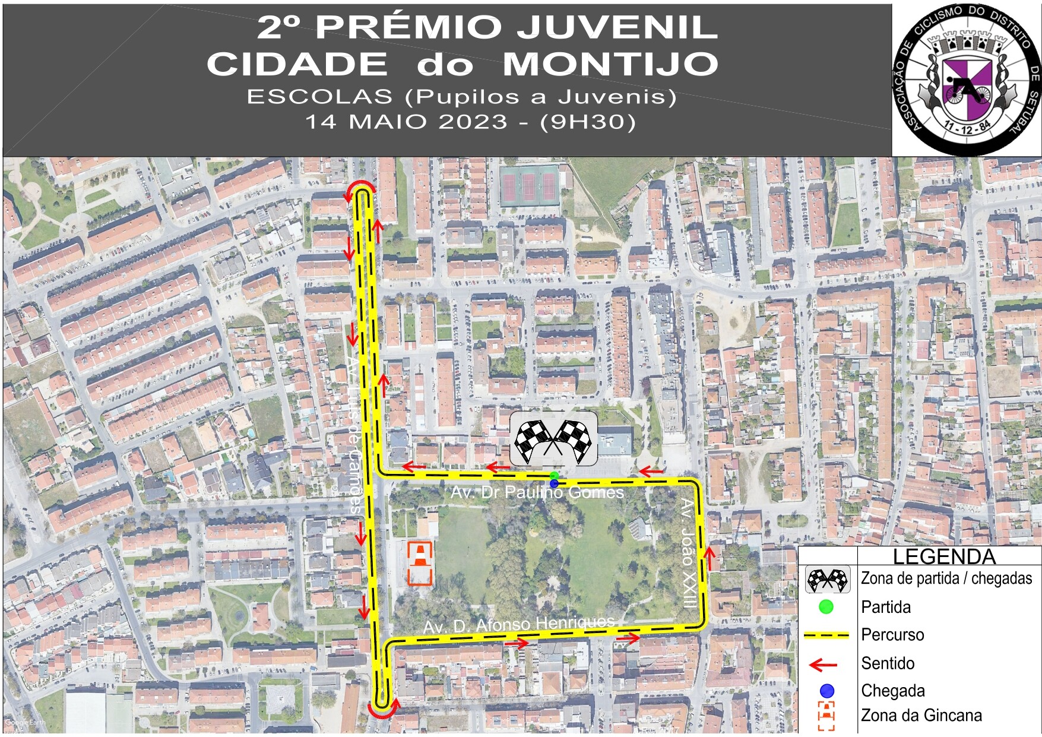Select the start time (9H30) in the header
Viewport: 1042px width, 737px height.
click(588, 122)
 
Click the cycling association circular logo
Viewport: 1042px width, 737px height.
click(966, 78)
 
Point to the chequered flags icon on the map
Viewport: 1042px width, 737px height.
click(553, 440)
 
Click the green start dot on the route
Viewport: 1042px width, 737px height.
click(554, 476)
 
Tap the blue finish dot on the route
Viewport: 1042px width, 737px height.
click(554, 484)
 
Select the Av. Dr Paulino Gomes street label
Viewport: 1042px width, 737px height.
click(537, 492)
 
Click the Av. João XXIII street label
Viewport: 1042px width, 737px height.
click(688, 552)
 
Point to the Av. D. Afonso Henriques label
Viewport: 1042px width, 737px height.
click(518, 624)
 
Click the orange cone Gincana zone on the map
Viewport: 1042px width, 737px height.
click(420, 563)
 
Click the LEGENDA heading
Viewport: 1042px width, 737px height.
click(944, 556)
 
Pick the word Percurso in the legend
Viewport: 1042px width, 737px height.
click(892, 634)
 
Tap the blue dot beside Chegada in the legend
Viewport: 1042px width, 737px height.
click(826, 691)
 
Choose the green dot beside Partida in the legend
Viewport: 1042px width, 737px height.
click(826, 607)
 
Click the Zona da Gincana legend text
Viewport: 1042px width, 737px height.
click(921, 715)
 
